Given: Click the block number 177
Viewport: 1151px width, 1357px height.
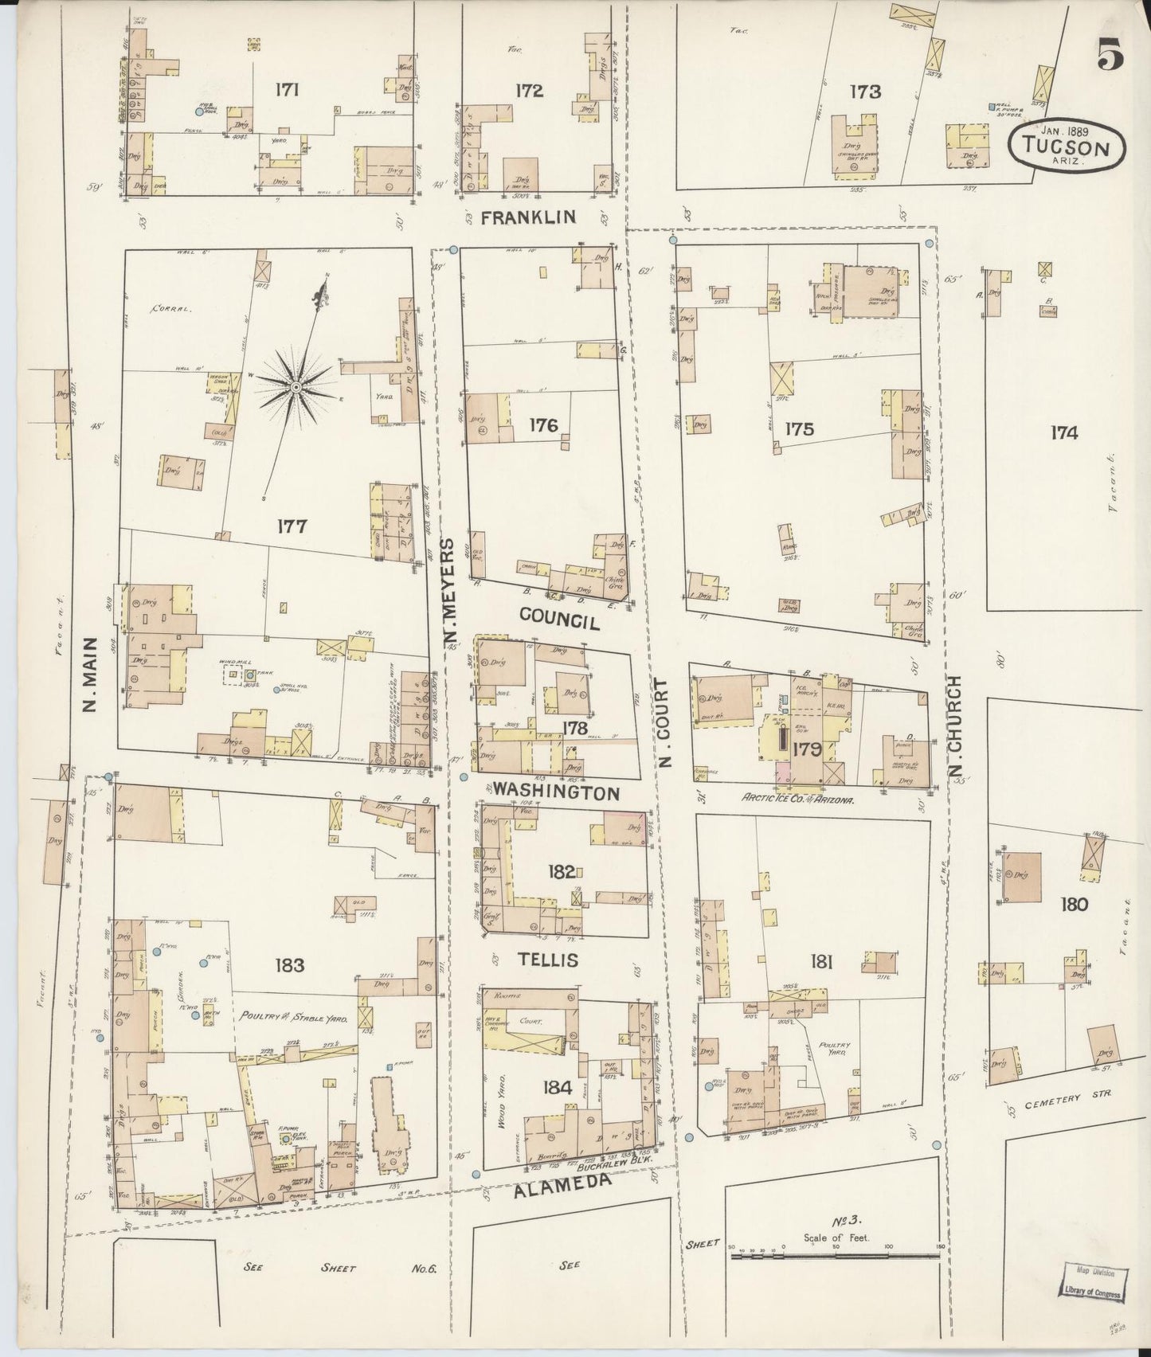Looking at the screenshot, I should click(293, 526).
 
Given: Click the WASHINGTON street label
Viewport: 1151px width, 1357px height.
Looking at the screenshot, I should click(555, 792).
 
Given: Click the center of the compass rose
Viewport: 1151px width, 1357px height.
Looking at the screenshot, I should click(296, 387).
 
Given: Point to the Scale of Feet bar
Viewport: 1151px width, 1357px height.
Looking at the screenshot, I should click(836, 1256).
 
